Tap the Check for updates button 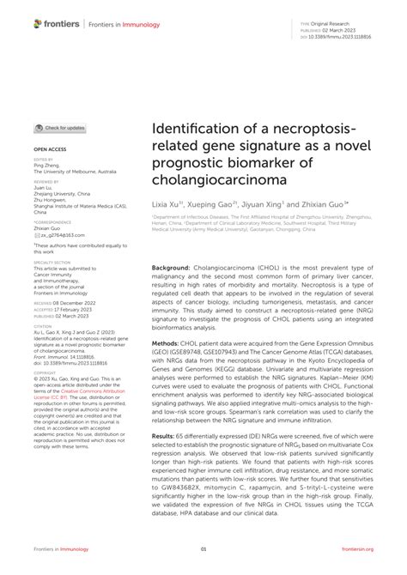click(x=60, y=128)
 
